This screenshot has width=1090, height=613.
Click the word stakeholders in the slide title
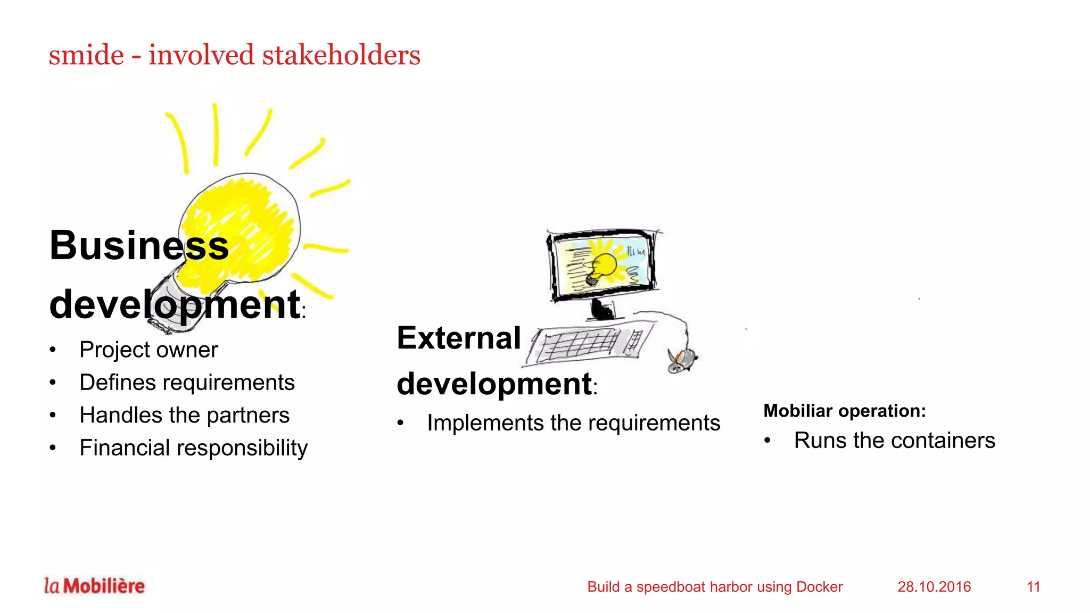[x=341, y=55]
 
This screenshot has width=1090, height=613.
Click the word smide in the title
[x=86, y=55]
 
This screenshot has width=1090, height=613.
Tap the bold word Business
[x=139, y=246]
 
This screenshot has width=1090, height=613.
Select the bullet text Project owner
[x=148, y=350]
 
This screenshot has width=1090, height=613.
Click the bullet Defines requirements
[x=187, y=383]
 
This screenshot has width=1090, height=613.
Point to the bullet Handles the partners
[x=184, y=415]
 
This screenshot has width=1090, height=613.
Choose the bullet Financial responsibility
[x=193, y=448]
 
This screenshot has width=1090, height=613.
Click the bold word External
[x=459, y=338]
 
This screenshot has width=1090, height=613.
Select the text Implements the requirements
[x=573, y=424]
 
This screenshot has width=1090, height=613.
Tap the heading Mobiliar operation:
[x=845, y=411]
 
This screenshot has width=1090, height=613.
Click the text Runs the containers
[x=894, y=441]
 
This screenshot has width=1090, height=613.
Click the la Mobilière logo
[x=94, y=586]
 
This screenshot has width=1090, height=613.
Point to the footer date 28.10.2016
[x=934, y=587]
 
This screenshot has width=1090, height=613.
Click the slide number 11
[x=1033, y=587]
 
